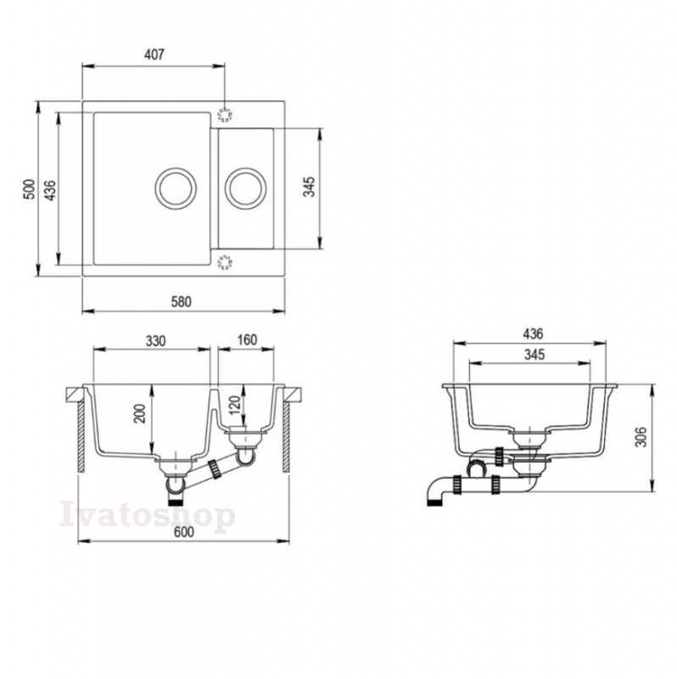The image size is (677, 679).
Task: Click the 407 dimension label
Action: [x=154, y=54]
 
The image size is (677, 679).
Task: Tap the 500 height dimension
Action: [x=29, y=188]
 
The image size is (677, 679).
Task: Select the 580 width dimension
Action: [x=181, y=301]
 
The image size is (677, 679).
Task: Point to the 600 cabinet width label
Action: [x=184, y=531]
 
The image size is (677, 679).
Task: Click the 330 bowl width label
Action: [x=155, y=341]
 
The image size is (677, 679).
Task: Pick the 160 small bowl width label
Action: [x=247, y=340]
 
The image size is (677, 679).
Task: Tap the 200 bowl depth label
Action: [x=140, y=413]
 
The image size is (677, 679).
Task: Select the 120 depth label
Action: [x=234, y=405]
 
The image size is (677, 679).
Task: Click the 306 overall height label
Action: [x=641, y=436]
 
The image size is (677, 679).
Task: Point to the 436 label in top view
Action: [x=51, y=190]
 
